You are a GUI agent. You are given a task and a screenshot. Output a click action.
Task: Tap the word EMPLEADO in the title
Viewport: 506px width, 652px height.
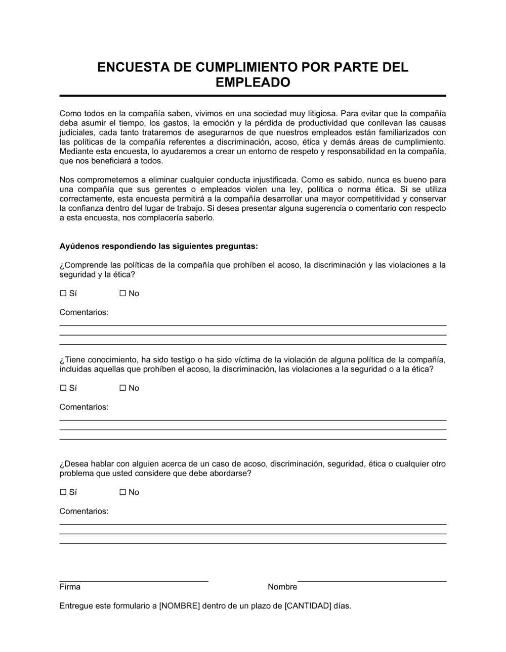[253, 82]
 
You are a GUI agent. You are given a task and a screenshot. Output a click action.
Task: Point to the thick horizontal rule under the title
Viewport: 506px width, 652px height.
[253, 96]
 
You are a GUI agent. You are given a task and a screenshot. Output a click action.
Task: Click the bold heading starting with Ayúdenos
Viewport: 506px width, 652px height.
[159, 246]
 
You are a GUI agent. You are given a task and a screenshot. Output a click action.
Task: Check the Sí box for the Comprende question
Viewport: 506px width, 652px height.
[63, 294]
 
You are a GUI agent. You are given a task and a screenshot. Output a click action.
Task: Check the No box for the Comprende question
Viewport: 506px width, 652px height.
[122, 294]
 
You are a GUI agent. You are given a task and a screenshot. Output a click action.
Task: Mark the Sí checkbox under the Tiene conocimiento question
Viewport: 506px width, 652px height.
[63, 388]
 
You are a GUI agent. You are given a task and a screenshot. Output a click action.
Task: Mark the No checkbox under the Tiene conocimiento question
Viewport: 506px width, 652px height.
[122, 388]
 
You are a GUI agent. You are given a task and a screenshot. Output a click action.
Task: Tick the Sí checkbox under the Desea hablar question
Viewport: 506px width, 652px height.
[63, 492]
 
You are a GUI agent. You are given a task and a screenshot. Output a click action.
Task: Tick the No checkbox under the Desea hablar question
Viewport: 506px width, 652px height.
[122, 492]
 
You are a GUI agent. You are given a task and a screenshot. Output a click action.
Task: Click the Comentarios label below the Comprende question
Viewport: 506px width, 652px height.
[84, 312]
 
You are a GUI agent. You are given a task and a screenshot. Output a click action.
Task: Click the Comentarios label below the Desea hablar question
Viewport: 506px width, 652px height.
[84, 511]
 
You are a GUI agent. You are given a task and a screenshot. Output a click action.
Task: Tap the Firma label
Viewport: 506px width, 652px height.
[70, 587]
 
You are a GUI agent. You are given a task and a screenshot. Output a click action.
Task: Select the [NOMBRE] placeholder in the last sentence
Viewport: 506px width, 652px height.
[180, 606]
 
